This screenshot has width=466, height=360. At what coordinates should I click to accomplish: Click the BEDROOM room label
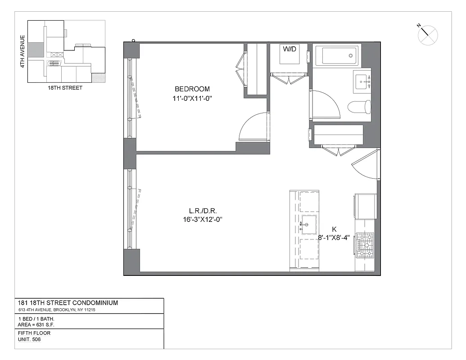(x=192, y=89)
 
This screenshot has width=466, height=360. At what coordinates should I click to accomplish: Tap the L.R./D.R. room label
(x=200, y=211)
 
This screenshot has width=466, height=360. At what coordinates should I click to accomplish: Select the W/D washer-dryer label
(x=290, y=49)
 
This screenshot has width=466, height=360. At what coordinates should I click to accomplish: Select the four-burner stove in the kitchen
(x=365, y=245)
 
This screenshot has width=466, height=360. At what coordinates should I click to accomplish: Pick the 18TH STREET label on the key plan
(x=65, y=88)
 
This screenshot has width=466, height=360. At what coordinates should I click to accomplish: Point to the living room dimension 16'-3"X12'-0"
(x=200, y=220)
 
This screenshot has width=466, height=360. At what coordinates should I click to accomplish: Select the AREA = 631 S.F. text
(x=37, y=324)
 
